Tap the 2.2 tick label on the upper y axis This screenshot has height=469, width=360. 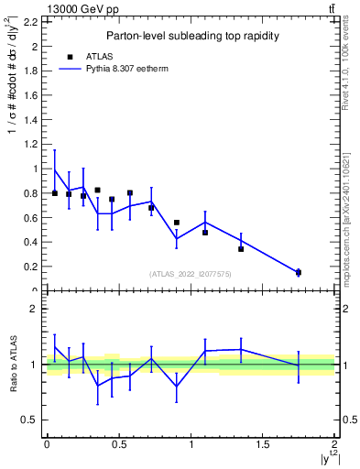click(31, 22)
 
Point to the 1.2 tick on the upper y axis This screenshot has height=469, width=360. click(31, 145)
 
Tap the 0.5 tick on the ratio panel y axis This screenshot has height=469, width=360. click(31, 420)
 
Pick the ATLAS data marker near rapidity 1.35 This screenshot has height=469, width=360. click(241, 248)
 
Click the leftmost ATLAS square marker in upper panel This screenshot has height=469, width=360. click(55, 193)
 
